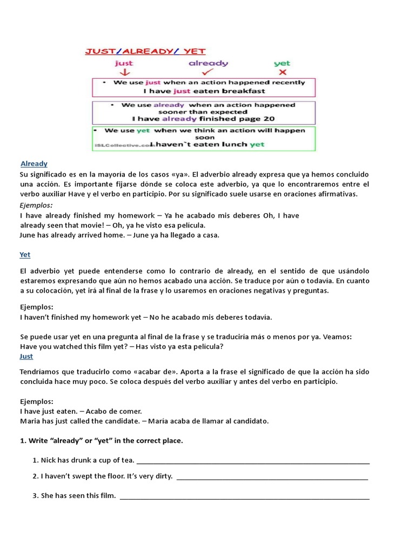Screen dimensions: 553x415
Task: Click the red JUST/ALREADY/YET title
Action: tap(144, 51)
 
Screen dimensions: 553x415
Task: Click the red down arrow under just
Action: tap(124, 72)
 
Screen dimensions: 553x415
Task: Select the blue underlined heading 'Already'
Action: tap(34, 164)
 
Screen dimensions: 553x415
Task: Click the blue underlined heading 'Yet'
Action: tap(25, 254)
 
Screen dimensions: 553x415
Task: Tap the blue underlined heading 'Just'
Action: tap(26, 356)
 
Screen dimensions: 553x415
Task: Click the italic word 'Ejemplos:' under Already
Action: tap(36, 205)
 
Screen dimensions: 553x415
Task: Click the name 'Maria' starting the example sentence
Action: tap(30, 421)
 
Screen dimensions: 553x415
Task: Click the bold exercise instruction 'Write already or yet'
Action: tap(101, 441)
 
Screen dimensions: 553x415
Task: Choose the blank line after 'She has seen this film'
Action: tap(244, 497)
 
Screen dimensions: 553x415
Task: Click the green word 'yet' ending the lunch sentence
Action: tap(257, 144)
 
